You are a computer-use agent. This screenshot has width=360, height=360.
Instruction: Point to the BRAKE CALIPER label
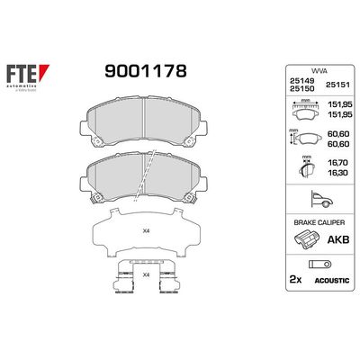pos(318,220)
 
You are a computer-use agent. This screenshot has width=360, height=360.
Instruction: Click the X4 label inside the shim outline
pos(147,230)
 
